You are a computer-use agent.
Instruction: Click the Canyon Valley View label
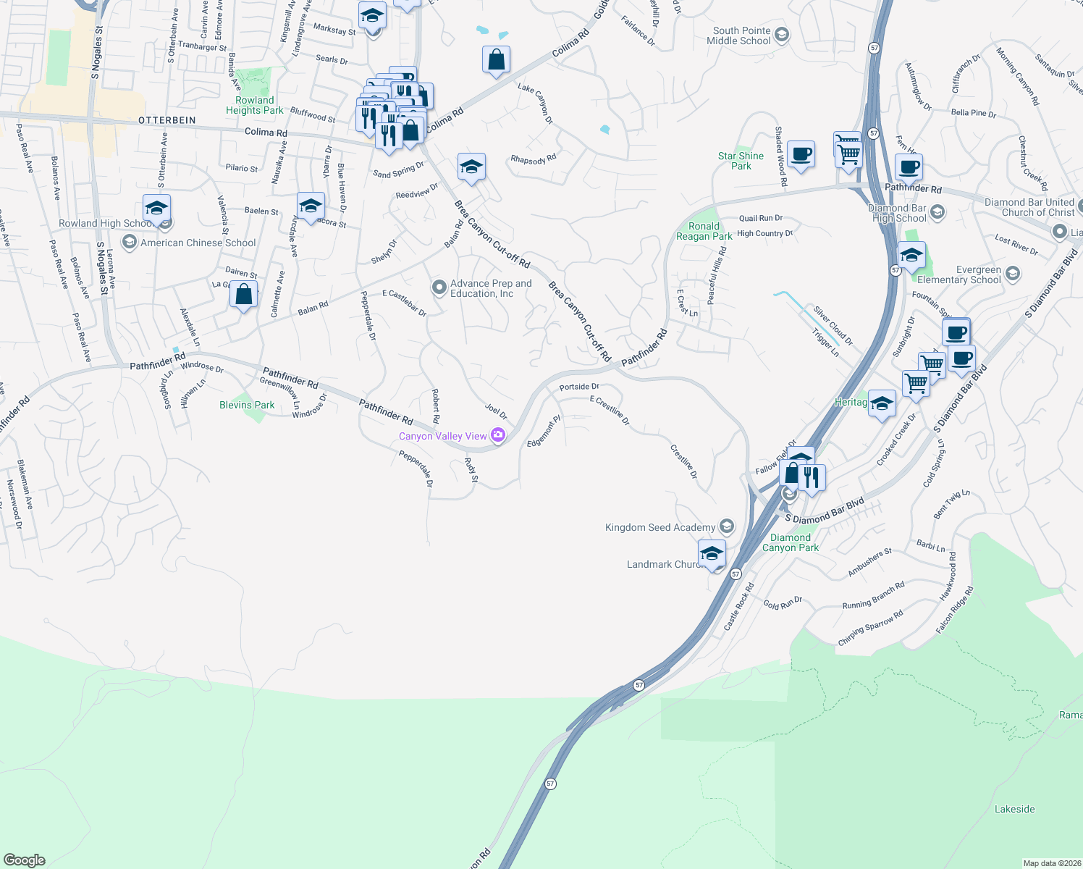pos(442,436)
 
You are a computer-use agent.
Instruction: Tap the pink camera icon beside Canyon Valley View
pos(498,435)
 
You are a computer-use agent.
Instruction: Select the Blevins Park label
pos(247,405)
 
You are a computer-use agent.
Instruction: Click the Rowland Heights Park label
pos(254,106)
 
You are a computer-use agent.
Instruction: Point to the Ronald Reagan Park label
pos(704,231)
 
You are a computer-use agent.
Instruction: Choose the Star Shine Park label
pos(741,161)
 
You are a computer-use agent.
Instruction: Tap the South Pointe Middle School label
pos(741,35)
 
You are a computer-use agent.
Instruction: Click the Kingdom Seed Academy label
pos(660,527)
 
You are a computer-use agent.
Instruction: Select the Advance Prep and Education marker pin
pos(439,287)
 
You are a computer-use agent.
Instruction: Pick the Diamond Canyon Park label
pos(790,542)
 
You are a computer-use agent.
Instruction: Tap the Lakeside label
pos(1014,809)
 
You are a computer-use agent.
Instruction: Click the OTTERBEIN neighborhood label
pos(167,120)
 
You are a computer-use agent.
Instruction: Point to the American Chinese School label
pos(198,243)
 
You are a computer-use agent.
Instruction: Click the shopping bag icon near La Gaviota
pos(243,294)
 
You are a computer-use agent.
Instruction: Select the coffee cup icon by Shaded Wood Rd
pos(801,154)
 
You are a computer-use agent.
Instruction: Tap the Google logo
pos(24,860)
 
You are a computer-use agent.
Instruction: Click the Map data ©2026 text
pos(1051,863)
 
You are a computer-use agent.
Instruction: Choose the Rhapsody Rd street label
pos(533,159)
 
